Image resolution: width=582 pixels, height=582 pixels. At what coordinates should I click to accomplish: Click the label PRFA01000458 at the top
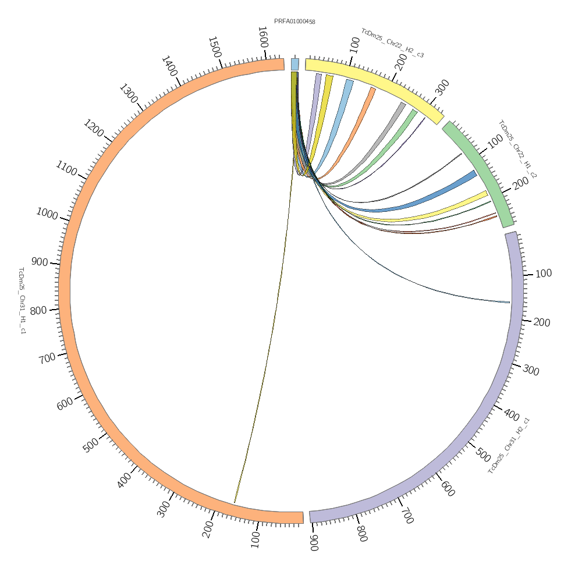(294, 22)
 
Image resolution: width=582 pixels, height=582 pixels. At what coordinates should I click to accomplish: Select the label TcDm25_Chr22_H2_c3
(392, 43)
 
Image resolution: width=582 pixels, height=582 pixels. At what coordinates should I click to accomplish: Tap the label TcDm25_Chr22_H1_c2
(517, 149)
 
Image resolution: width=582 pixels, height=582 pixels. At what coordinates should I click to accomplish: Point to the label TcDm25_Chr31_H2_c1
(509, 445)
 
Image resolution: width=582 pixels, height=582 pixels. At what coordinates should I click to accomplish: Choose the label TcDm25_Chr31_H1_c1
(22, 300)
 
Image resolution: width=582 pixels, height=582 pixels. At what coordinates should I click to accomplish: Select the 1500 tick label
(214, 47)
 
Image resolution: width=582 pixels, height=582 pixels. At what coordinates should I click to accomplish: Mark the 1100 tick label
(66, 169)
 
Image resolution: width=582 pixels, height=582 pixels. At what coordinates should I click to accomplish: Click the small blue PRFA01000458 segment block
(295, 64)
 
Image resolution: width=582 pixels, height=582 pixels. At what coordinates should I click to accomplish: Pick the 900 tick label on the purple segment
(314, 543)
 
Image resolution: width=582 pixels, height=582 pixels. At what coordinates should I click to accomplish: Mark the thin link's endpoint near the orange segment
(235, 502)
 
